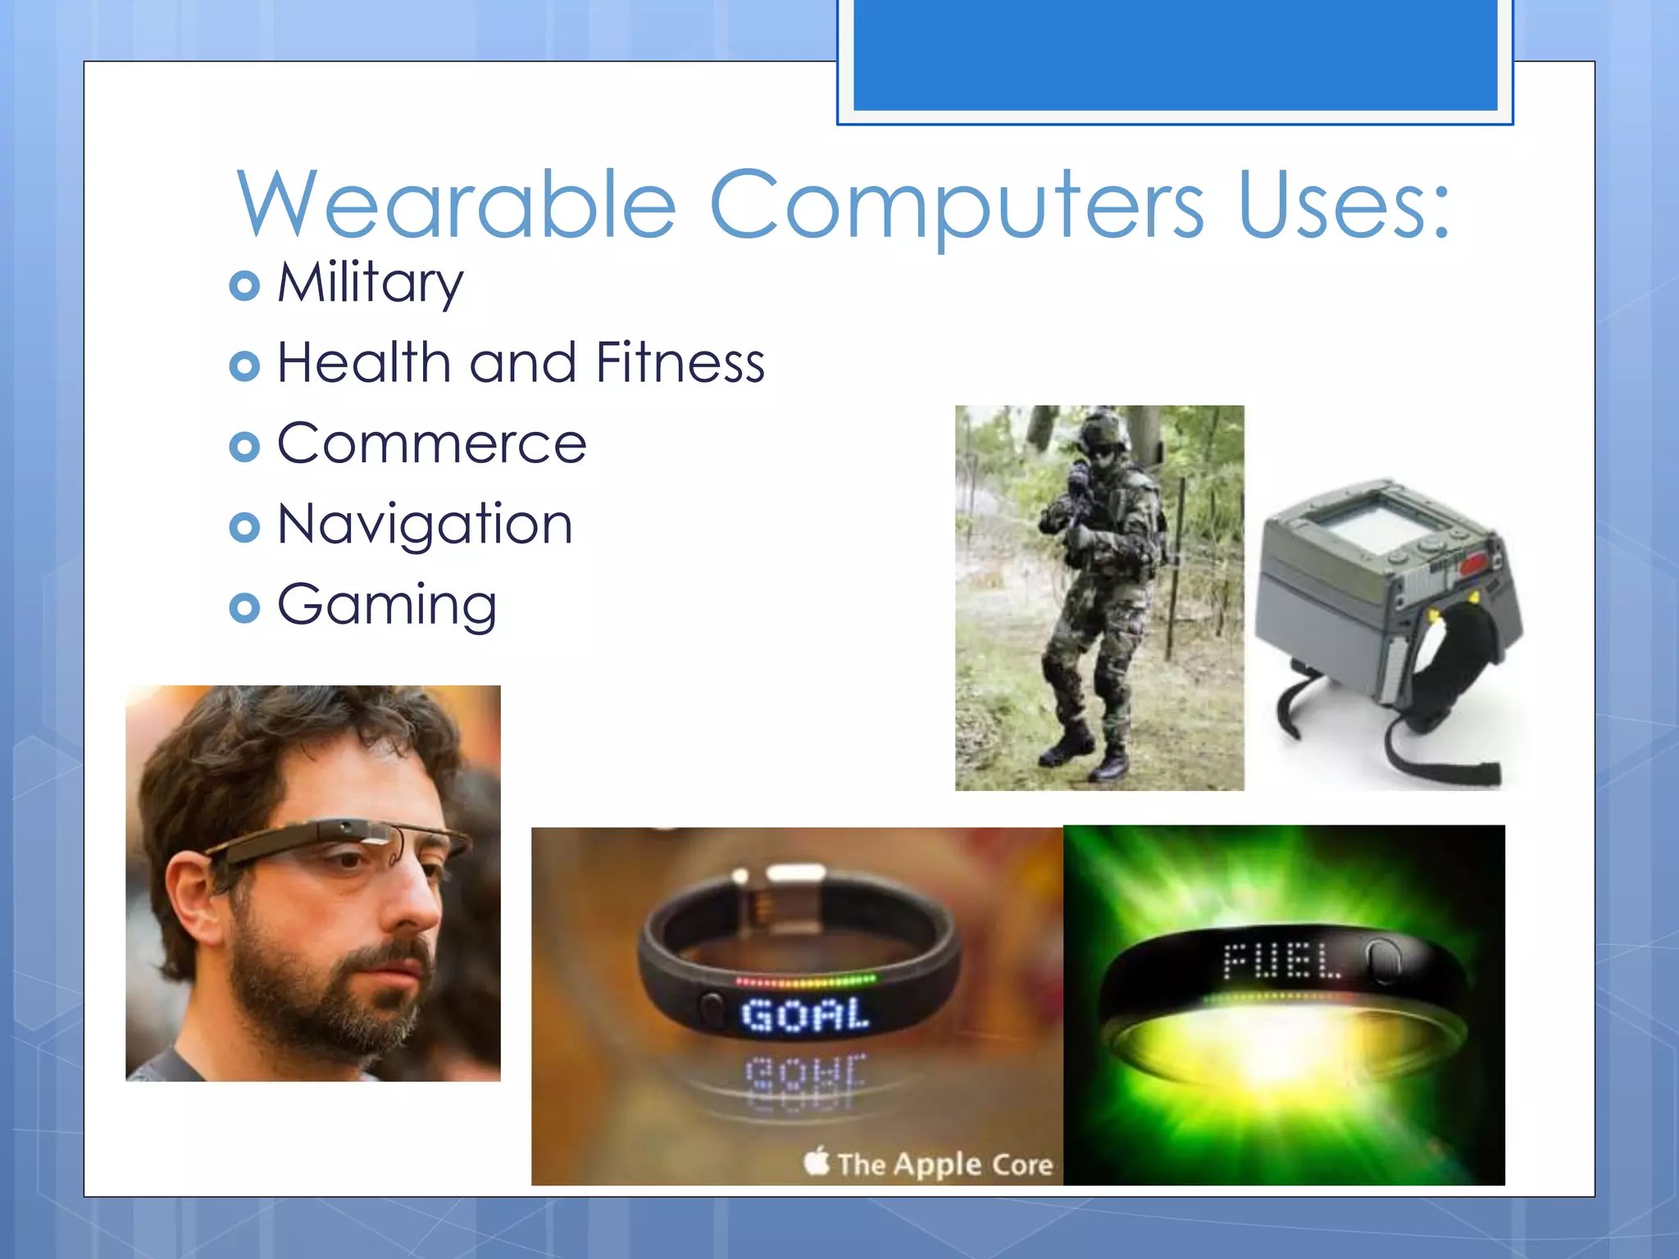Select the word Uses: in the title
(1345, 205)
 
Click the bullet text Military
(371, 283)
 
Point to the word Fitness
(680, 362)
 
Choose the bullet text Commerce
(432, 443)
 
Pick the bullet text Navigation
(425, 525)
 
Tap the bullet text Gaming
(387, 605)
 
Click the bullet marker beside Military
(244, 285)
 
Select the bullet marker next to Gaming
(244, 607)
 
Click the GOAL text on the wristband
(805, 1015)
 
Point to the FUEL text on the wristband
(1282, 961)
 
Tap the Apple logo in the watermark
(817, 1161)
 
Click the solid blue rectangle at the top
(1175, 54)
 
